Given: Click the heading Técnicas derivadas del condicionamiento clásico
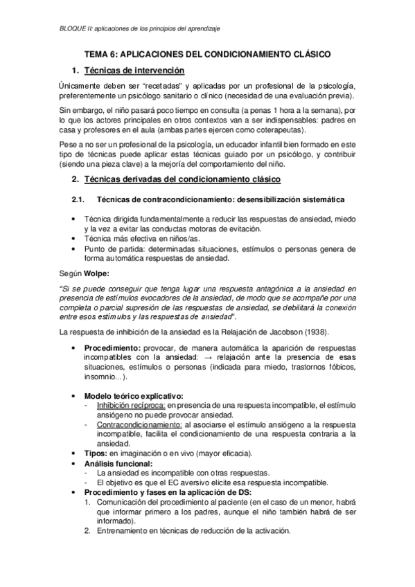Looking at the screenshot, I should [182, 180].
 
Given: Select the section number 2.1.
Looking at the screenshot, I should [78, 200].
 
